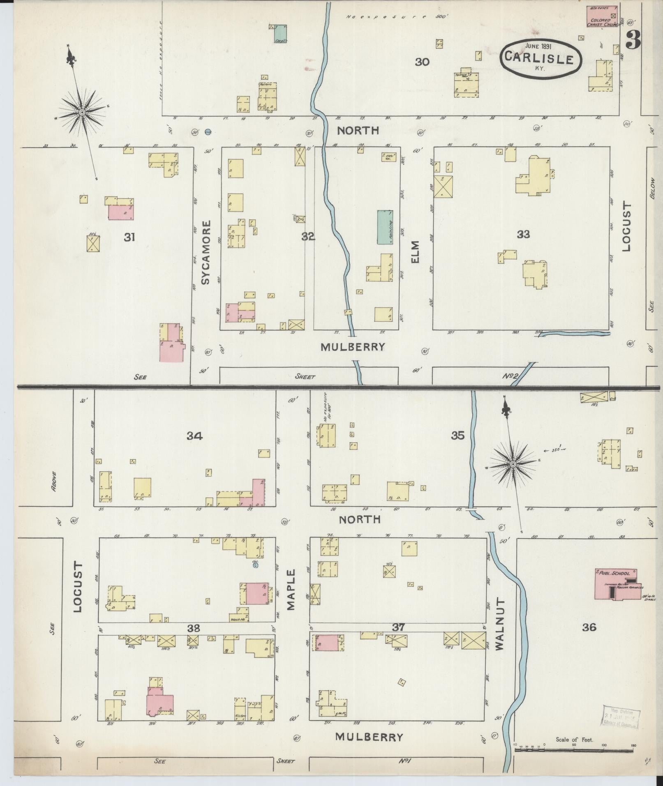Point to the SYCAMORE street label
pos(206,252)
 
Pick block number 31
pos(129,237)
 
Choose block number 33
pos(523,234)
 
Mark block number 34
pos(194,436)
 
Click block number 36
pos(589,627)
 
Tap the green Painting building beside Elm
pos(385,227)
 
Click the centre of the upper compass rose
pos(82,111)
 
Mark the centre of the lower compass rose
pos(513,464)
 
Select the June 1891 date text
pos(538,46)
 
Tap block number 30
pos(422,62)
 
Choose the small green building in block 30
pos(280,34)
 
